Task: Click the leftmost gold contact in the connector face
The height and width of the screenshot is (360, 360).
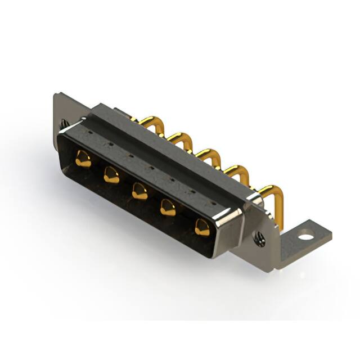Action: pos(83,160)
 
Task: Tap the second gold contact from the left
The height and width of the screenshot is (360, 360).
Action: pos(111,177)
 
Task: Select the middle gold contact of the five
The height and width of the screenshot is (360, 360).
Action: pos(139,192)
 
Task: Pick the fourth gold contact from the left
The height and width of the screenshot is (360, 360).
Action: pos(168,209)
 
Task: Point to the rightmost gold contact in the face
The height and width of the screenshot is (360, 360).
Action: pos(201,227)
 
